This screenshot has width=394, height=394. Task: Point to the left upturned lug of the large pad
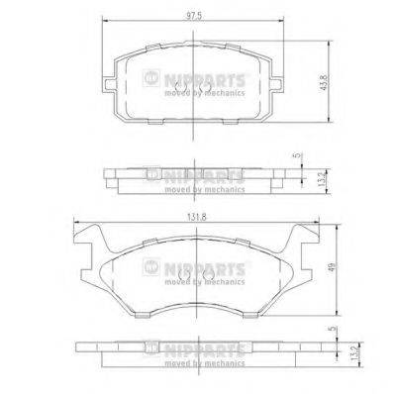(87, 238)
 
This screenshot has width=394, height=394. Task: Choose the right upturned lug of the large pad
(308, 238)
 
